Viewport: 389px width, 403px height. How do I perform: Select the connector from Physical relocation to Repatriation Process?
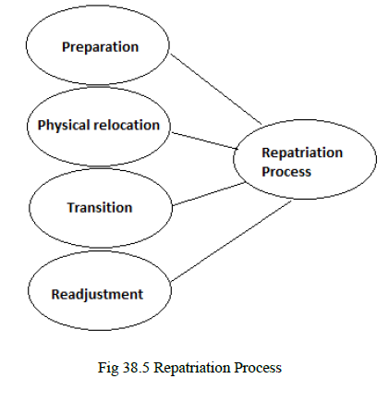pos(203,139)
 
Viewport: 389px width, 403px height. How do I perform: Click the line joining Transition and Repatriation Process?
pos(208,195)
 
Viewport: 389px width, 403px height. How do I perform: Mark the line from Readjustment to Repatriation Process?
pos(226,240)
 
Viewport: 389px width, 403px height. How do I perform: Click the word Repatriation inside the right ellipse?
pos(302,153)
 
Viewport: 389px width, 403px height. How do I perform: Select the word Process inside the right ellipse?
pos(286,171)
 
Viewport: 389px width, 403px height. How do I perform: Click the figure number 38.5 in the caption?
pos(133,367)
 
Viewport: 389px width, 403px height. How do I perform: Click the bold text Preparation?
pos(100,46)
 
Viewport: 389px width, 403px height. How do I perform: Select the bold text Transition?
pos(99,207)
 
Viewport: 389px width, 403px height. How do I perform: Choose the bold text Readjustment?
pos(99,295)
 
